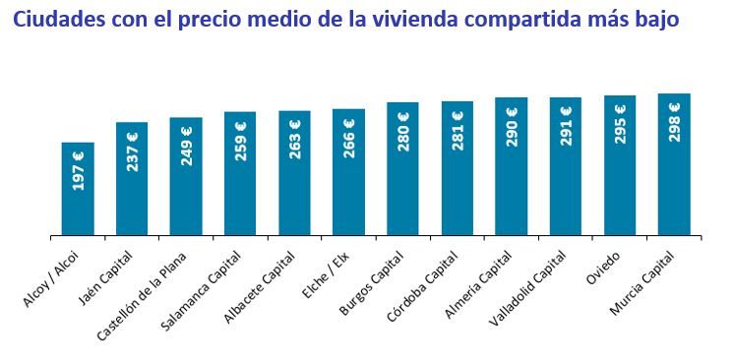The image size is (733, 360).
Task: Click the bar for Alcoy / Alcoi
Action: coord(79,189)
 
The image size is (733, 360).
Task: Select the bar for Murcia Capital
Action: coord(674,164)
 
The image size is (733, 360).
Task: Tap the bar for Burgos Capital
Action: coord(403,169)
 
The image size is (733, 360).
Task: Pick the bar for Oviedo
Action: coord(620,165)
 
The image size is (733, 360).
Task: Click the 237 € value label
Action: coord(133,151)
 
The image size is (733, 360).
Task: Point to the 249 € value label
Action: coord(187,146)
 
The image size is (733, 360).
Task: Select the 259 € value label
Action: coord(241,141)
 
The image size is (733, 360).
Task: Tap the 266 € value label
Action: coord(349,138)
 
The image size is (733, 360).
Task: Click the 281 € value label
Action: coord(458,131)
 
